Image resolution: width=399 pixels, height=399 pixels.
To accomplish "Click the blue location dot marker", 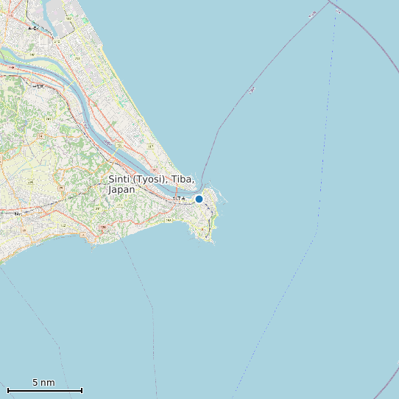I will tap(199, 199).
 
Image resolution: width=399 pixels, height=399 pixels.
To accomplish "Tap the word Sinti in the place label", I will tap(119, 180).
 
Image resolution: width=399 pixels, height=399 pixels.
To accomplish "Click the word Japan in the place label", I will tap(121, 190).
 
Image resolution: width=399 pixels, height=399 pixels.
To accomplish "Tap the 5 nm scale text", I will tap(43, 382).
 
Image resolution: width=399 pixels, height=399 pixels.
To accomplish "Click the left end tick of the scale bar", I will tap(7, 390).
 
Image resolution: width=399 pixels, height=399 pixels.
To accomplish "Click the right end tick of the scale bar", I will tap(82, 390).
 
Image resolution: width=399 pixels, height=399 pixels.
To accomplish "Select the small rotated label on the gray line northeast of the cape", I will tap(253, 90).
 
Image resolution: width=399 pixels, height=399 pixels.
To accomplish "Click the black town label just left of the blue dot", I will tap(179, 199).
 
